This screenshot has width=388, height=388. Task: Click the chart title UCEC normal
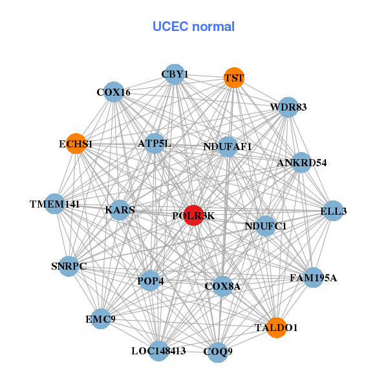point(193,27)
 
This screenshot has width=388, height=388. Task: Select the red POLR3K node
point(193,215)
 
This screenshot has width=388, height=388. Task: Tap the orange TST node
point(233,78)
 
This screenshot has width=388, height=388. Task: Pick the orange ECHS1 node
point(76,144)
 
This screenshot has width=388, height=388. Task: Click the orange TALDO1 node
point(276,328)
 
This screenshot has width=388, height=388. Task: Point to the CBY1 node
point(174,74)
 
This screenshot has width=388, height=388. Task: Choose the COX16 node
point(114,92)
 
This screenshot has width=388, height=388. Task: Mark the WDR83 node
point(288,107)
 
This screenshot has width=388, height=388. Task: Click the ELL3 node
point(333,211)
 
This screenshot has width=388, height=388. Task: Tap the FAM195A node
point(313,278)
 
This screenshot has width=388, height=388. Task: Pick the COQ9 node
point(218,352)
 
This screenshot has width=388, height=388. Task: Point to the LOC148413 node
point(158,351)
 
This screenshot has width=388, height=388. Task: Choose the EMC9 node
point(101,319)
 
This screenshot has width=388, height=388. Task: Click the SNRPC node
point(69,266)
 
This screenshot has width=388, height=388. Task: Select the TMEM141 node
point(55,204)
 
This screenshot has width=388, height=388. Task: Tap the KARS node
point(120,210)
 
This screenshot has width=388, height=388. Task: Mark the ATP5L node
point(155,143)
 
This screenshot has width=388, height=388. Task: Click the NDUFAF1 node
point(228,147)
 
